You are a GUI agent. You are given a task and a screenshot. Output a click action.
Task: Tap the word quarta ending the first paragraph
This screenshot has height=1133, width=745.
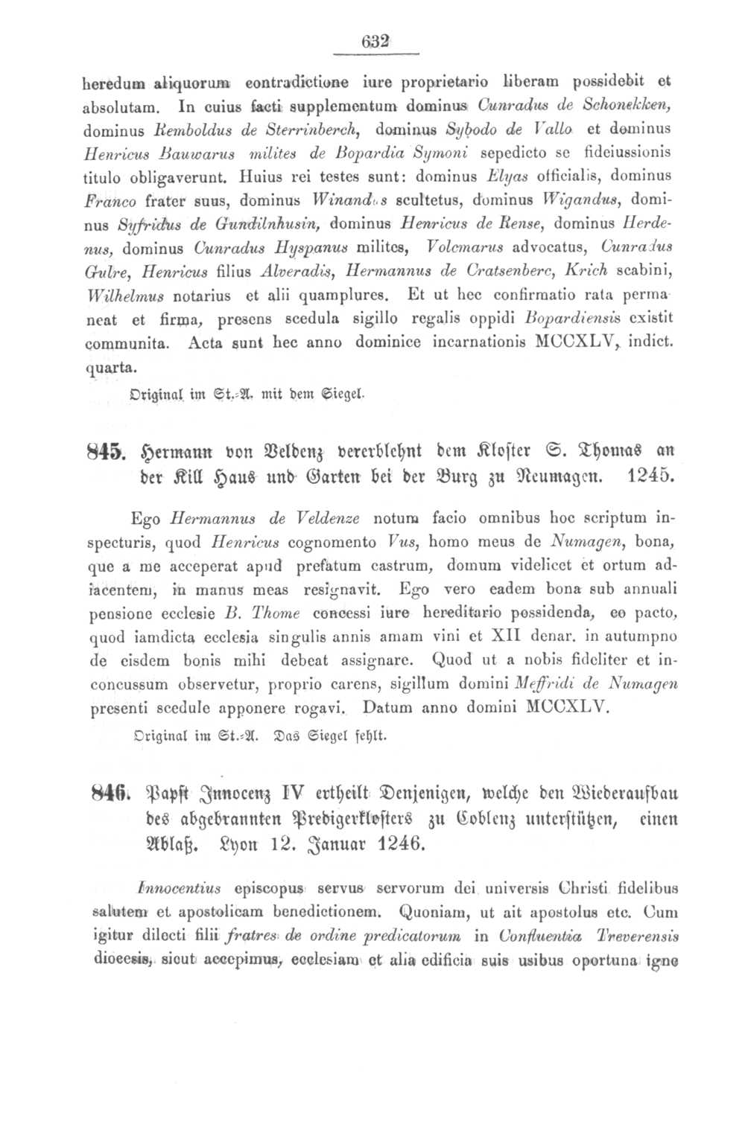click(x=112, y=367)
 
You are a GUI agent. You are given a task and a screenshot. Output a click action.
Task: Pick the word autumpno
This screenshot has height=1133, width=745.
click(x=643, y=636)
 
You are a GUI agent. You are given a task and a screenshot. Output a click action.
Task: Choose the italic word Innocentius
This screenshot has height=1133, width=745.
click(x=179, y=887)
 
